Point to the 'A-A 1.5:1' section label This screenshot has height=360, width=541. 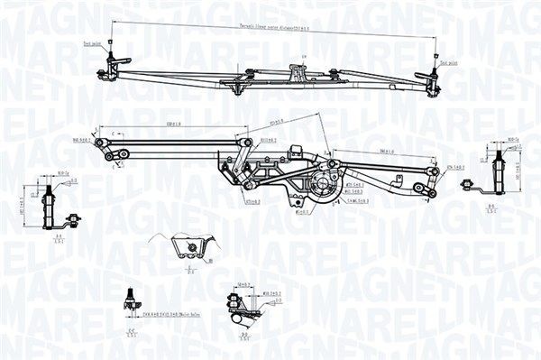(x=59, y=239)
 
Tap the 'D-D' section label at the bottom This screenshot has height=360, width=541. (x=243, y=337)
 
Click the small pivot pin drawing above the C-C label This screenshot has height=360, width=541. (x=130, y=298)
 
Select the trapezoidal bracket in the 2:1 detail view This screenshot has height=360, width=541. (x=190, y=249)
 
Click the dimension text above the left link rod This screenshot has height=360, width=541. (x=170, y=125)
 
